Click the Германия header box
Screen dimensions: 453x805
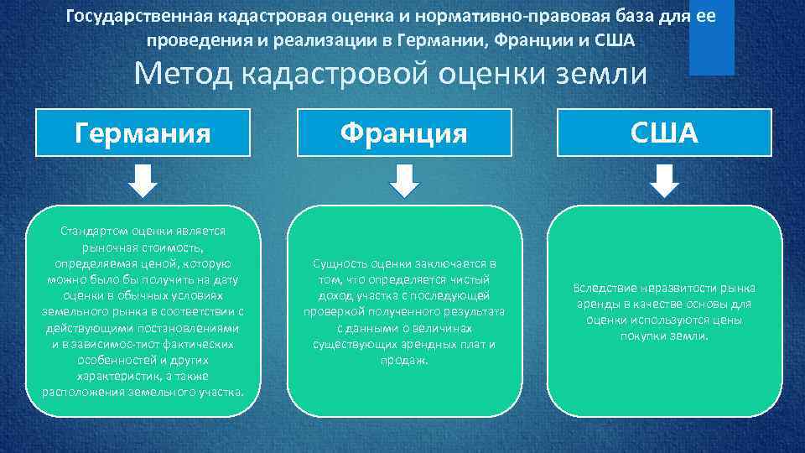click(143, 133)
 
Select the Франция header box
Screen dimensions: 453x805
click(403, 133)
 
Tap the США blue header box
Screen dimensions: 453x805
click(665, 133)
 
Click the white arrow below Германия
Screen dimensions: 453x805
click(143, 180)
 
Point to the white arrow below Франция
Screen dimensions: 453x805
click(404, 180)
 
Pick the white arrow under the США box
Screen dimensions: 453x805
click(665, 180)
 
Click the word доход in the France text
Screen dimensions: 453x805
click(335, 295)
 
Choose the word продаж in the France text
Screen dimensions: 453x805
click(404, 360)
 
